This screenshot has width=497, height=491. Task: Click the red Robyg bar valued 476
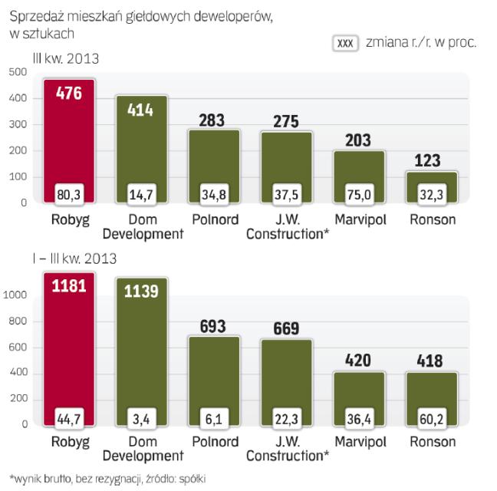[x=69, y=142]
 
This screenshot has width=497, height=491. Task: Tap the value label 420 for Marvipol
[x=359, y=361]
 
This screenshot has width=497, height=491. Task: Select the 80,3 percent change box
[x=69, y=195]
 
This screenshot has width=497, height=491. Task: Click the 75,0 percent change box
[x=359, y=195]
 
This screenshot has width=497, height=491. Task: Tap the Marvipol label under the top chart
[x=359, y=219]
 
